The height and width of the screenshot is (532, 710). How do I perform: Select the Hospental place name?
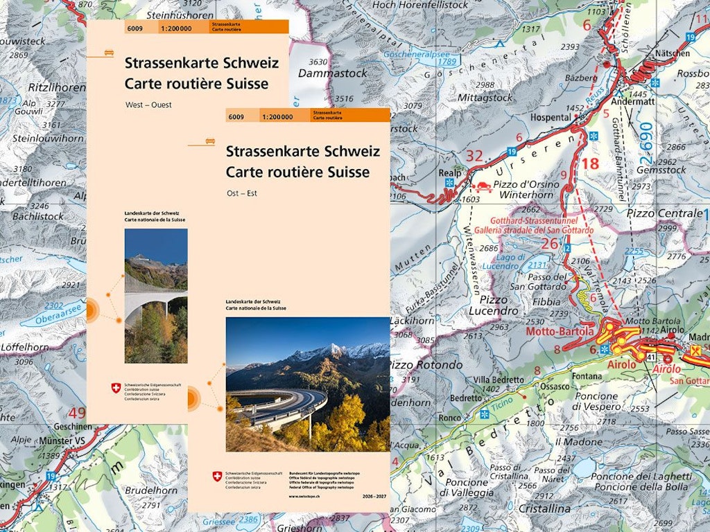point(550,117)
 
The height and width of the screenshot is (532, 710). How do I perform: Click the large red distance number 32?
point(474,156)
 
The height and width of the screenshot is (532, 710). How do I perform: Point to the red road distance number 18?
point(589,164)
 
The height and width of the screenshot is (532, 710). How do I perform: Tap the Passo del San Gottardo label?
point(537,281)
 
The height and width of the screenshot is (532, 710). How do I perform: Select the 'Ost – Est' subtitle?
point(241,193)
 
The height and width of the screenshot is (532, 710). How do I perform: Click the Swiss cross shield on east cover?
point(217,476)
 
